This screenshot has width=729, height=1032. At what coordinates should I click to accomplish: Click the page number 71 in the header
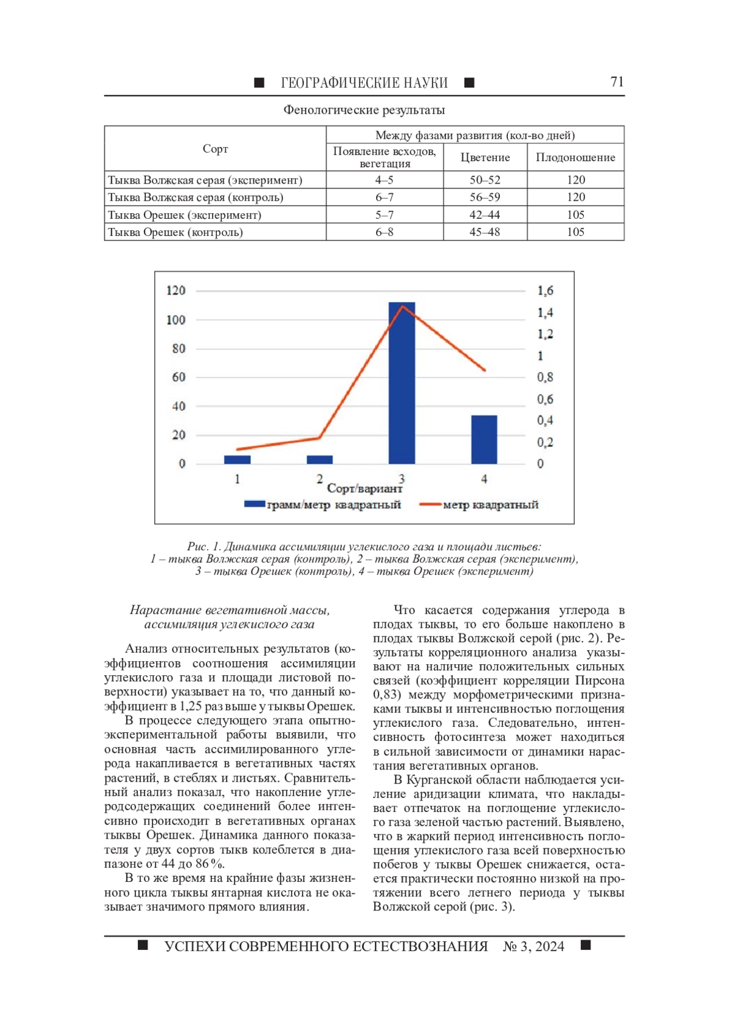click(x=617, y=82)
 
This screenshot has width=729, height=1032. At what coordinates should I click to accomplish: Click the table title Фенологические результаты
click(x=364, y=110)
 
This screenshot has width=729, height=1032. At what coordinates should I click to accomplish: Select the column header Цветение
click(x=485, y=157)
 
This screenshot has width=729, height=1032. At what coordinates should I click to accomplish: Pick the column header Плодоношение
click(x=575, y=157)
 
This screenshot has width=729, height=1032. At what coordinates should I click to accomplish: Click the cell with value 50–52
click(x=485, y=180)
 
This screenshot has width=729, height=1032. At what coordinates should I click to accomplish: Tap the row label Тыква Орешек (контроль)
click(x=176, y=232)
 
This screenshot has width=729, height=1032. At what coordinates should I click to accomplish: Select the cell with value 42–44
click(x=485, y=215)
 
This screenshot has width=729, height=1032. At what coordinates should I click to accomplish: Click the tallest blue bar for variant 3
click(x=402, y=383)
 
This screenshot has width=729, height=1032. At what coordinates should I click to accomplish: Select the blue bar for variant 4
click(x=484, y=439)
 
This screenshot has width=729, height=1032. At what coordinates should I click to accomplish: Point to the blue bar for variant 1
click(x=237, y=459)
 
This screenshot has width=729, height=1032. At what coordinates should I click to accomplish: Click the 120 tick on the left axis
click(x=176, y=291)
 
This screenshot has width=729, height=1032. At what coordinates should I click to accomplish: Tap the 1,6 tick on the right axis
click(x=545, y=291)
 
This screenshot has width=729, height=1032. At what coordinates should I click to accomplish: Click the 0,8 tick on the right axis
click(x=545, y=377)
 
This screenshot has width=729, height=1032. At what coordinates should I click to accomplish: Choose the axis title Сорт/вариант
click(x=364, y=489)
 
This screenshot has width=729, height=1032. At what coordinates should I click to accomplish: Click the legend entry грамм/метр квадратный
click(x=334, y=504)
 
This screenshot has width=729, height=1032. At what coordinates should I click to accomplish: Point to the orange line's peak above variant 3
click(x=402, y=306)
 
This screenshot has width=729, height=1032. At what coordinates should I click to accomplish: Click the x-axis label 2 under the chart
click(x=320, y=479)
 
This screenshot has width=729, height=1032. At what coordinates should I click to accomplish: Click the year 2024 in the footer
click(x=550, y=946)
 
